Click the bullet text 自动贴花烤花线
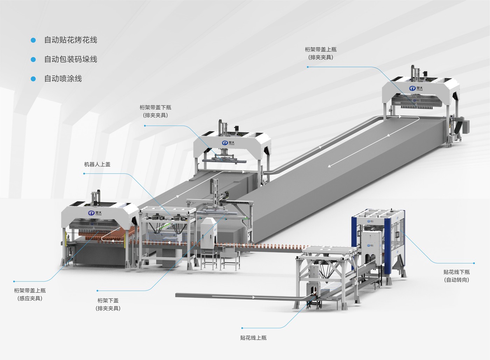pyautogui.click(x=70, y=40)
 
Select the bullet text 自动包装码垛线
pyautogui.click(x=70, y=59)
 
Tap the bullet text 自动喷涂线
pyautogui.click(x=63, y=78)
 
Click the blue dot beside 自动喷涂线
pyautogui.click(x=33, y=79)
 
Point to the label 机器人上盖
pyautogui.click(x=97, y=164)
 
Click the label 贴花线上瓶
pyautogui.click(x=253, y=338)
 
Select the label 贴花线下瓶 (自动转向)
pyautogui.click(x=456, y=276)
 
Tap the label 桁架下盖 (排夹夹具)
pyautogui.click(x=108, y=304)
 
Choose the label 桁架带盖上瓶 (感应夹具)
pyautogui.click(x=30, y=295)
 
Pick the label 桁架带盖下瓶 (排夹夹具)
pyautogui.click(x=155, y=111)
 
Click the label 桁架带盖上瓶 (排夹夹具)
pyautogui.click(x=321, y=53)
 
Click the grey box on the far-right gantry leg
pyautogui.click(x=466, y=126)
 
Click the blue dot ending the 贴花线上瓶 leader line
pyautogui.click(x=242, y=328)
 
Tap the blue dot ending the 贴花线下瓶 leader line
pyautogui.click(x=474, y=263)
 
